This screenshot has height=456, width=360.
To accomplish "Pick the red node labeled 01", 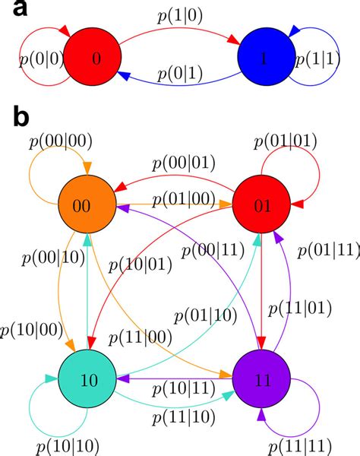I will pos(261,205).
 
